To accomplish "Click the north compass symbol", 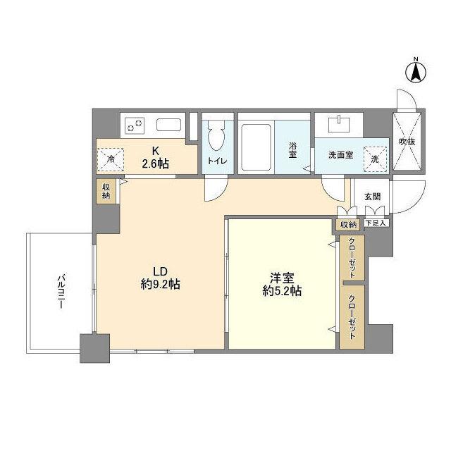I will tap(416, 72).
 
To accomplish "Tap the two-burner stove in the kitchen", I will tap(135, 126).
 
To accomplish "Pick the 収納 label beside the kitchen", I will tap(105, 191).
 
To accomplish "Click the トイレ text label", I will tap(217, 161).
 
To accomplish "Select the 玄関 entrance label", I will tap(372, 197).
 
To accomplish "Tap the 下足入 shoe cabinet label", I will tap(375, 224).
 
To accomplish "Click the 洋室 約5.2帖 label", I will tap(280, 283).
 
